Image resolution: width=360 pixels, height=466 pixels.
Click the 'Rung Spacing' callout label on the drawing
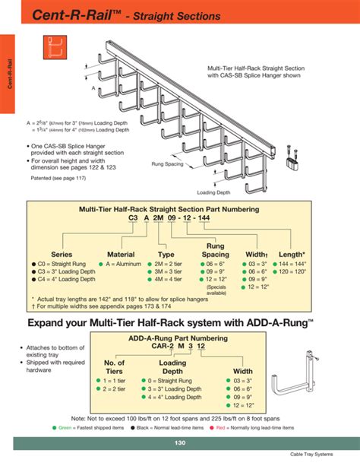pyautogui.click(x=167, y=163)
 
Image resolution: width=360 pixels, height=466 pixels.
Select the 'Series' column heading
pyautogui.click(x=62, y=254)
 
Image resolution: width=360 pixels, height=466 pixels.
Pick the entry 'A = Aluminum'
pyautogui.click(x=122, y=264)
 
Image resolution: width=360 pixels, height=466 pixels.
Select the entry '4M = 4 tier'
pyautogui.click(x=176, y=279)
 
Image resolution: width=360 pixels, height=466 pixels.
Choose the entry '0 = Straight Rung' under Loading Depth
pyautogui.click(x=178, y=380)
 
